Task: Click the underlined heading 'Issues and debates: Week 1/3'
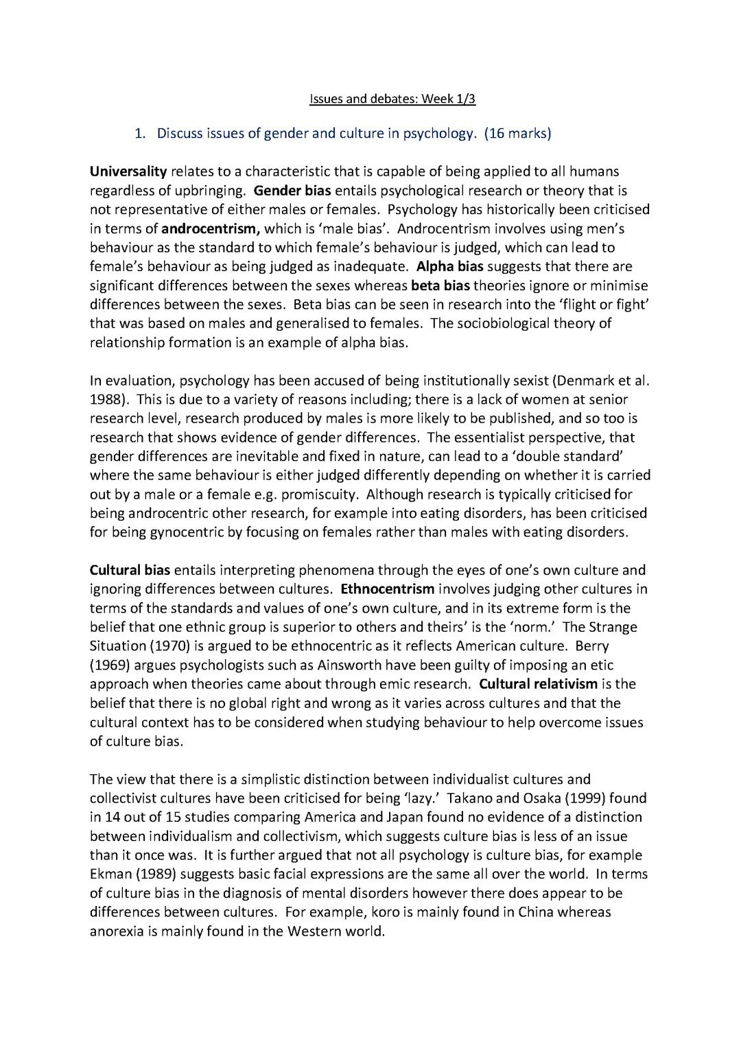pos(392,99)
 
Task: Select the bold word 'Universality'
pos(128,171)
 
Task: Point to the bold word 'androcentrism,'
pos(210,228)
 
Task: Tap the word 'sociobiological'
pos(506,323)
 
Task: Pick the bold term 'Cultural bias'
pos(130,570)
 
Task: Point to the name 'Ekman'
pos(110,874)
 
